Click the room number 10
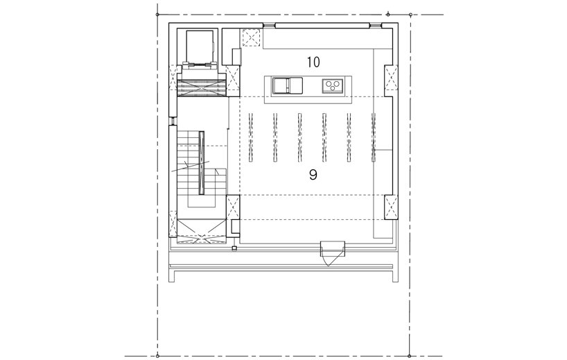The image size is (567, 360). point(313,62)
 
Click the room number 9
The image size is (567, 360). point(313,175)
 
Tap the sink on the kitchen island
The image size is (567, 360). point(288,85)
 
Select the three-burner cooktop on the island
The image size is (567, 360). point(333,85)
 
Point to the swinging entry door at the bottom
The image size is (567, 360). point(332,253)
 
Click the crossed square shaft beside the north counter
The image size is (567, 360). point(251,37)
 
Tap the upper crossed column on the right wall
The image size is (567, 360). point(391,78)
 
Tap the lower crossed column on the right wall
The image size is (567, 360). point(391,207)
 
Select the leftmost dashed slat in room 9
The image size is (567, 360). point(251,137)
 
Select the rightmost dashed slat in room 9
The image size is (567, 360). point(374,137)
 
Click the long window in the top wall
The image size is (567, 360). point(322,26)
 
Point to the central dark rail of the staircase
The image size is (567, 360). point(202,163)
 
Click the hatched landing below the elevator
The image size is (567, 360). point(202,88)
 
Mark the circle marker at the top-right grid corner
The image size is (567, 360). point(410,15)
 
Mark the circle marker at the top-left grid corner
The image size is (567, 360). point(157,15)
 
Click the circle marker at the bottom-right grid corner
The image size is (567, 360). point(410,357)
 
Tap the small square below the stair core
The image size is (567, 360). point(234,248)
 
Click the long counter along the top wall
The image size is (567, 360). point(328,38)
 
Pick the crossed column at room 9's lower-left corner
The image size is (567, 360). point(233,207)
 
